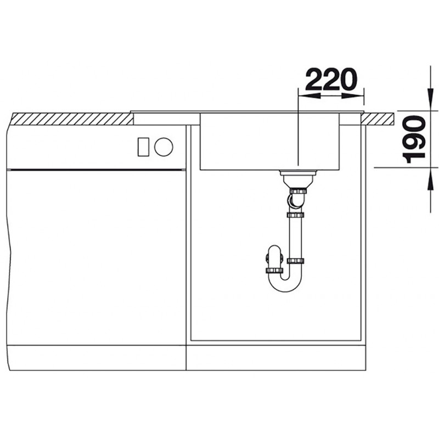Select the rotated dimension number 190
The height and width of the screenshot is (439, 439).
pyautogui.click(x=414, y=139)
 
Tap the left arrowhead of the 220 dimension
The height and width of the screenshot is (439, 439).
pyautogui.click(x=309, y=95)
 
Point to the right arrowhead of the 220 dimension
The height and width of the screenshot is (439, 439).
pyautogui.click(x=353, y=95)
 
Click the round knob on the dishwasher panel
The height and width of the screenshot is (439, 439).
pyautogui.click(x=164, y=147)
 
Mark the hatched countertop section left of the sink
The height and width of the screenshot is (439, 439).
pyautogui.click(x=72, y=119)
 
